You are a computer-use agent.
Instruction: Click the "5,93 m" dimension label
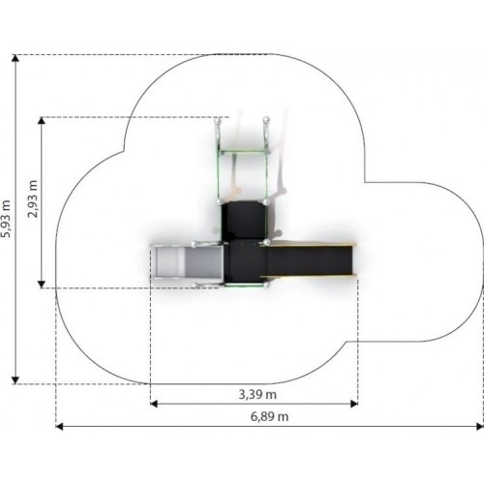coord(6,219)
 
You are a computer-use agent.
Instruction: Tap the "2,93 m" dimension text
coord(33,198)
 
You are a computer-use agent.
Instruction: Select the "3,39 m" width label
coord(257,394)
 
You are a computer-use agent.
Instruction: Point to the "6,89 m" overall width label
coord(269,416)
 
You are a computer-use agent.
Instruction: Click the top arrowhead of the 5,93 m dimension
coord(15,58)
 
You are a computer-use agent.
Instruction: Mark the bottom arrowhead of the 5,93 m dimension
coord(15,380)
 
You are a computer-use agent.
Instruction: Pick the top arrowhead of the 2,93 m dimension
coord(42,120)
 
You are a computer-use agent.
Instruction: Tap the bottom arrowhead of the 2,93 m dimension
coord(42,285)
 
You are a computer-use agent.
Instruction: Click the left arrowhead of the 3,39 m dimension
coord(154,404)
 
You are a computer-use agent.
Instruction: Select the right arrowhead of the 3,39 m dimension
coord(354,404)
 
